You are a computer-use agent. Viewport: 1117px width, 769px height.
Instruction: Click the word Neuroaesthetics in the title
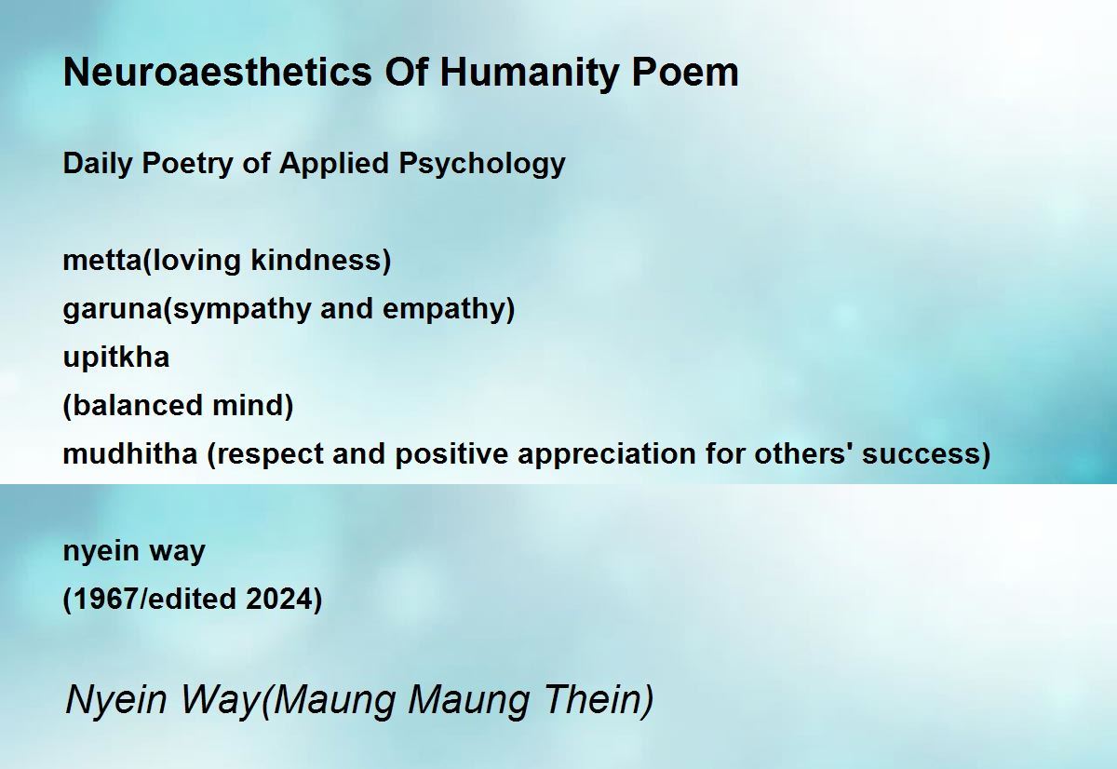(x=218, y=73)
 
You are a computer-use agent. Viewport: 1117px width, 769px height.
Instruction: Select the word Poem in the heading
(x=685, y=73)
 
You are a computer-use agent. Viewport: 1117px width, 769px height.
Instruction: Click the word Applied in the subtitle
(x=333, y=164)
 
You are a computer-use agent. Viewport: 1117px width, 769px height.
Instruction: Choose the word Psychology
(x=482, y=164)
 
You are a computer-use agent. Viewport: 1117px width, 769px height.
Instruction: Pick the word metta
(x=102, y=261)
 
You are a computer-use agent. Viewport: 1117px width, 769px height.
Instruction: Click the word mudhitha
(x=130, y=453)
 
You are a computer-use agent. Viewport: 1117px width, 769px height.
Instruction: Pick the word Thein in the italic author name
(x=592, y=699)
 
